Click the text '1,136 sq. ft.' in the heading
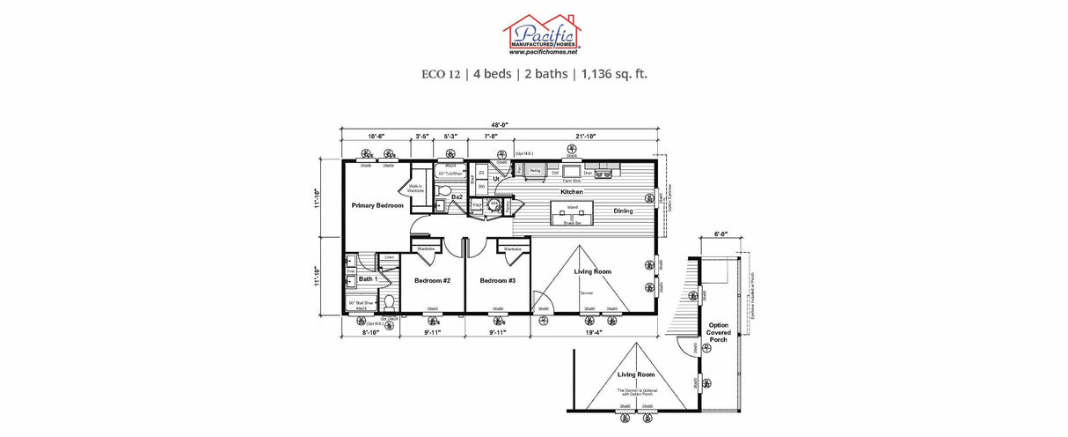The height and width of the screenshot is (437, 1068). (x=614, y=74)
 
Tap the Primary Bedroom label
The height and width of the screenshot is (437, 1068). (x=377, y=205)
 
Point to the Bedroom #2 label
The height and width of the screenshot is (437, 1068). (x=432, y=280)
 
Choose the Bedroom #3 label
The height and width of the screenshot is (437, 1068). (x=498, y=280)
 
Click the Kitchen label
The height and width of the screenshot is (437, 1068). (x=573, y=191)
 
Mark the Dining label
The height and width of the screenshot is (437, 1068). (x=624, y=211)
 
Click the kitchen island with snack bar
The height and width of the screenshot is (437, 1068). (x=572, y=214)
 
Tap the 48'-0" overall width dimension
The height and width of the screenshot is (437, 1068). (x=498, y=124)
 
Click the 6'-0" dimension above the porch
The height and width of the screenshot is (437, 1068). (x=721, y=234)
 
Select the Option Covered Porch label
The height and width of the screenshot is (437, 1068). (x=719, y=332)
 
